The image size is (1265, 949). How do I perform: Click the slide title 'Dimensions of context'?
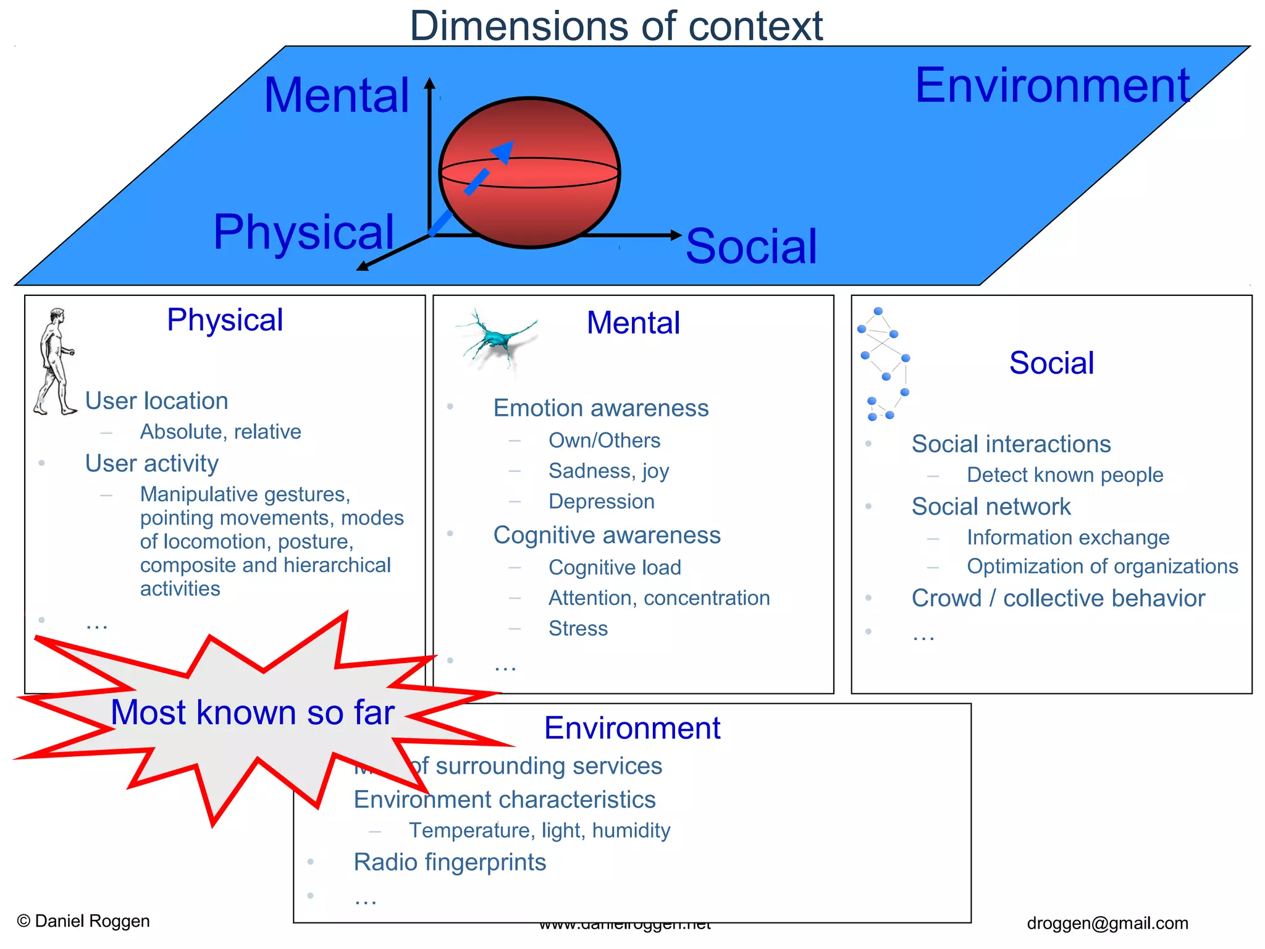616,26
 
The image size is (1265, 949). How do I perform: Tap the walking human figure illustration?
54,361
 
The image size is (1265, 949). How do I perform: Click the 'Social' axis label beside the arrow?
751,247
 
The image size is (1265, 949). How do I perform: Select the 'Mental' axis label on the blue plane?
337,96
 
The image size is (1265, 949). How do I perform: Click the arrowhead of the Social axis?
676,235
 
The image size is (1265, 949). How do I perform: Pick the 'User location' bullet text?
156,401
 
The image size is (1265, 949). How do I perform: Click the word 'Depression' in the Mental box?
601,502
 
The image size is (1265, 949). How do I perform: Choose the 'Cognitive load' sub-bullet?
615,567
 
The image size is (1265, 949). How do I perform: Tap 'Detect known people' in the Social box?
1064,474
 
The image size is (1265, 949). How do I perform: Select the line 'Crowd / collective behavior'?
1058,598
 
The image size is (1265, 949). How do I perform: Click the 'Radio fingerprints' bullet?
450,862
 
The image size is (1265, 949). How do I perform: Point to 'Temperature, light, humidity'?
539,830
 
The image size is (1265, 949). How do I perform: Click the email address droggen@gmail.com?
1107,923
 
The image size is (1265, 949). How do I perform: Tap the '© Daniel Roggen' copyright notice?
83,921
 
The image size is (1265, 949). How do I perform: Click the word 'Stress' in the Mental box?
578,628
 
